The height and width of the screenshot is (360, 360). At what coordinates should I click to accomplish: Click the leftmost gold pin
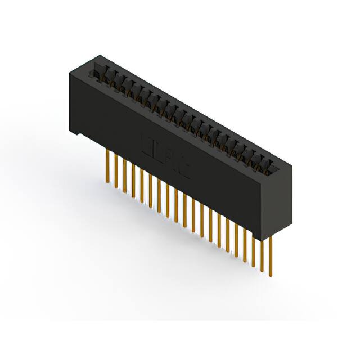coord(106,166)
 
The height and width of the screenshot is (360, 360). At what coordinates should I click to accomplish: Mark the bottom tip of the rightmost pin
coord(271,276)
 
